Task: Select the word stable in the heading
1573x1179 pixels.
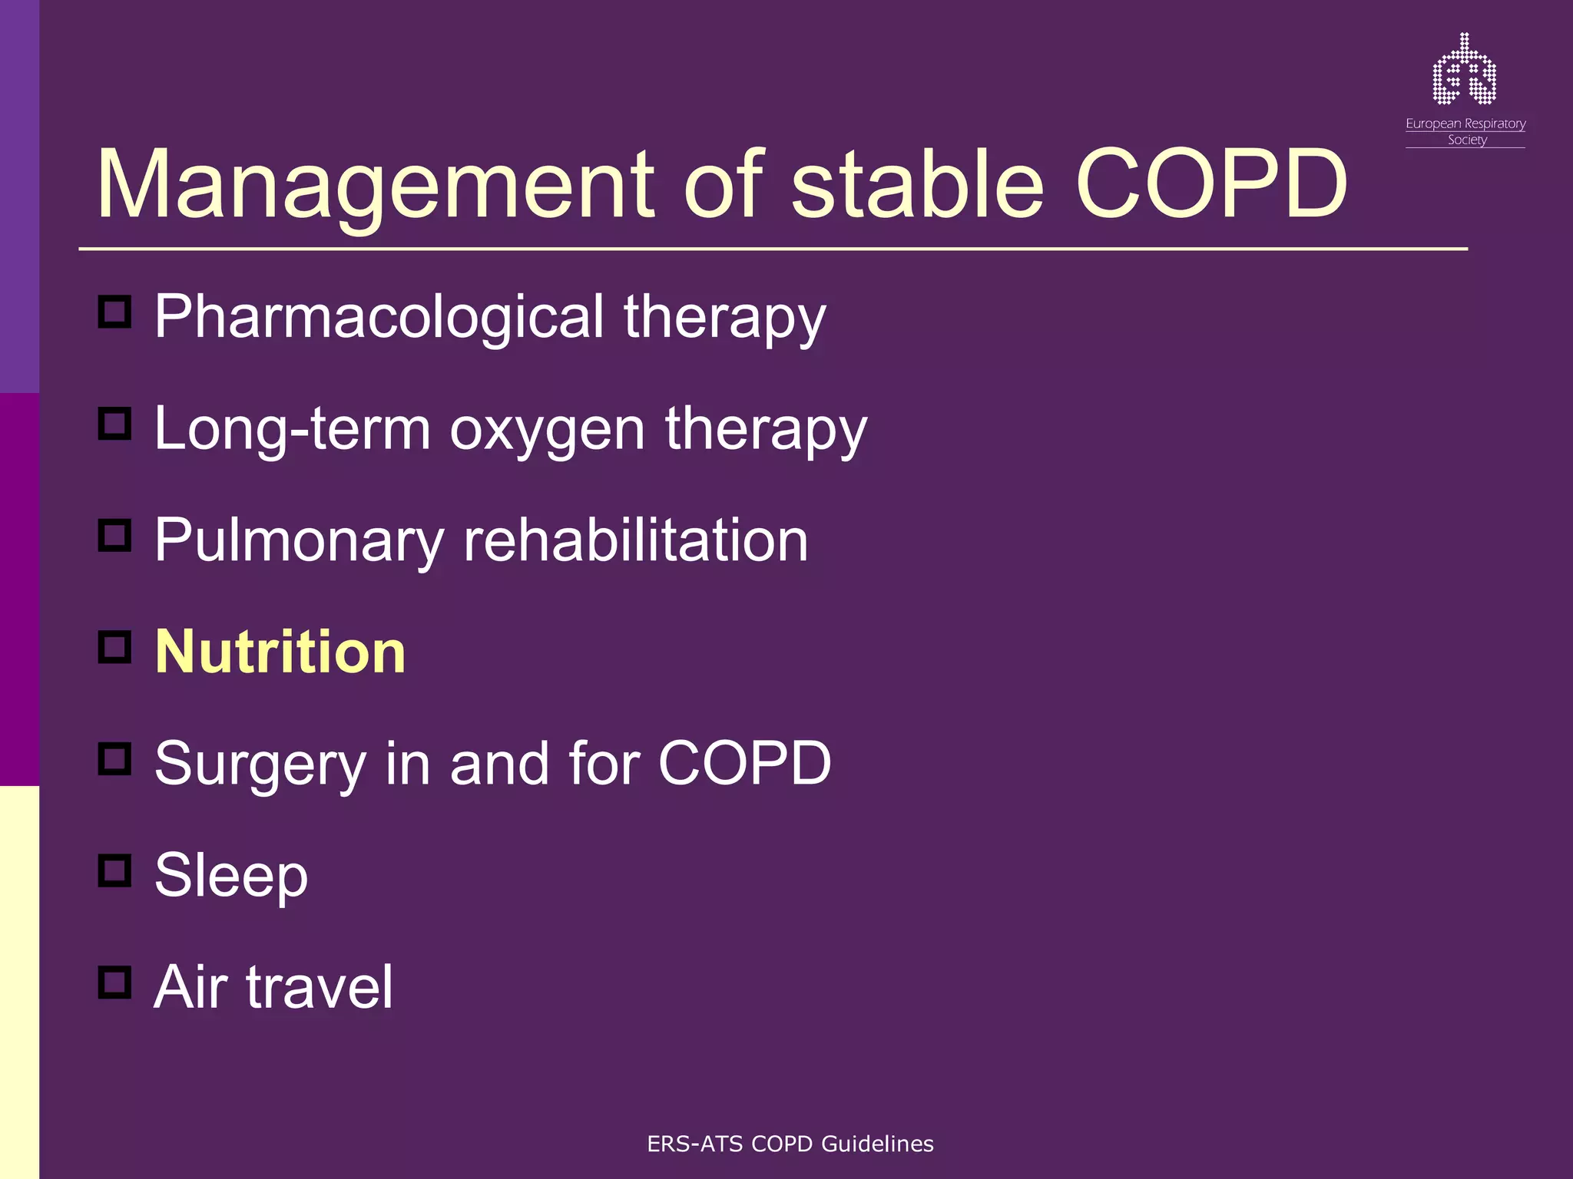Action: pos(917,186)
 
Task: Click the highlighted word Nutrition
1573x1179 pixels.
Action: pos(280,652)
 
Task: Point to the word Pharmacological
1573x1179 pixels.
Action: pos(379,317)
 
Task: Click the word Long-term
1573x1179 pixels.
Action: pos(292,429)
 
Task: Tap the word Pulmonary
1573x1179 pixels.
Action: pos(299,541)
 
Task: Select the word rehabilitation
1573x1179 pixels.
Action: pos(635,540)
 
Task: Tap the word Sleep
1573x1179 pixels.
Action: pos(231,876)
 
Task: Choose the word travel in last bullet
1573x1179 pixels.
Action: pos(320,987)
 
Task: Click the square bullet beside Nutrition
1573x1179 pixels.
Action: pos(115,647)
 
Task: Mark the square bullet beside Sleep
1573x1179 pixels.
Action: pos(115,870)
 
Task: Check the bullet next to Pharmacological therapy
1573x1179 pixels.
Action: pos(115,312)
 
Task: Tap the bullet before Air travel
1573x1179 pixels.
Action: pos(115,982)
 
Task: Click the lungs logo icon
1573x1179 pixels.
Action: pos(1464,70)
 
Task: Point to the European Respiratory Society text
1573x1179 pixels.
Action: pos(1465,131)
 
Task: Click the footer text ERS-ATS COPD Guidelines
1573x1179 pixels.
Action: pos(790,1144)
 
